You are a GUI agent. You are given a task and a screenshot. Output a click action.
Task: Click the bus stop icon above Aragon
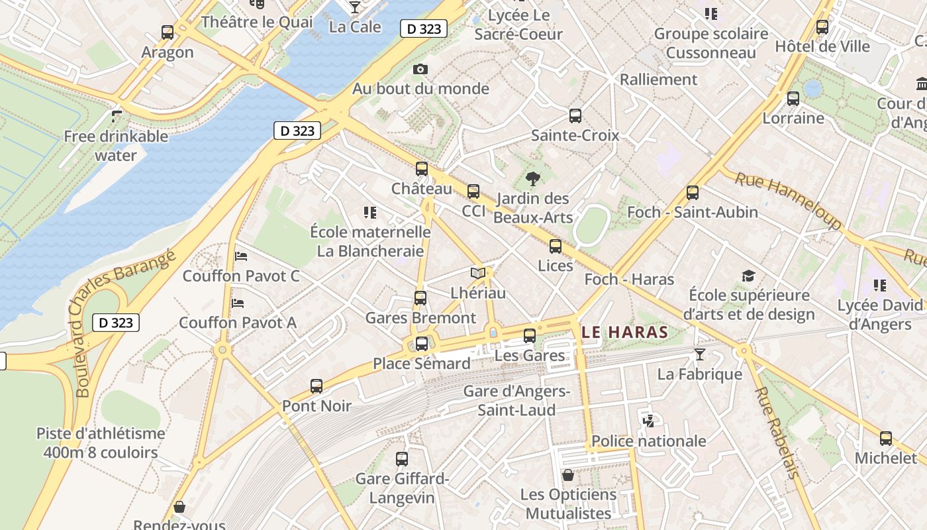168,32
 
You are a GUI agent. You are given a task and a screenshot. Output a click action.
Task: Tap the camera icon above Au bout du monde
420,69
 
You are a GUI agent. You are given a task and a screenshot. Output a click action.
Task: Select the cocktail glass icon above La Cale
355,7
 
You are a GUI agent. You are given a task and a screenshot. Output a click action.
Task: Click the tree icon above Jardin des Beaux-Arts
532,178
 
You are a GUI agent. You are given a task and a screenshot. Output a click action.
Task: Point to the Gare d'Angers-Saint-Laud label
517,400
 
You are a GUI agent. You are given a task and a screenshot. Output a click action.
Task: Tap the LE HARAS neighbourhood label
624,332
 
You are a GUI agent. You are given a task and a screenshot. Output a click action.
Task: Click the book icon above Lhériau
477,273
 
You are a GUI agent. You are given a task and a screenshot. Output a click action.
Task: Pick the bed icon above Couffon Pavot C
241,256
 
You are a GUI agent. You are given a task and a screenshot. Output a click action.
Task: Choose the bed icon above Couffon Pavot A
238,303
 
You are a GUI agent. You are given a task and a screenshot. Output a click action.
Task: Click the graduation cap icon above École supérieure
748,276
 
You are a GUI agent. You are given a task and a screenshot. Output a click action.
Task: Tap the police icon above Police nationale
648,420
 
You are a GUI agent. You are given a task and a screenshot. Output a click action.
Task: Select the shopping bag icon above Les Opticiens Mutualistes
567,474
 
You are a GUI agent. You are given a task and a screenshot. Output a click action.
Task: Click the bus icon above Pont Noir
317,386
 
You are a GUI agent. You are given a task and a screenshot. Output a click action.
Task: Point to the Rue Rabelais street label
776,432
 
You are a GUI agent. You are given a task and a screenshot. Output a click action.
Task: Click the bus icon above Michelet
886,438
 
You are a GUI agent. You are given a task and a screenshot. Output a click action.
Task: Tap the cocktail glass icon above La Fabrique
700,354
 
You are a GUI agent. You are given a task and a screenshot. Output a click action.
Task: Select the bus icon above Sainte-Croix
575,116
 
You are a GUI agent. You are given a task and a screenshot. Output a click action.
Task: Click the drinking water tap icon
117,117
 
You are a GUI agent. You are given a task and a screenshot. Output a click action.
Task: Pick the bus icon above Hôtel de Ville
822,26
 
